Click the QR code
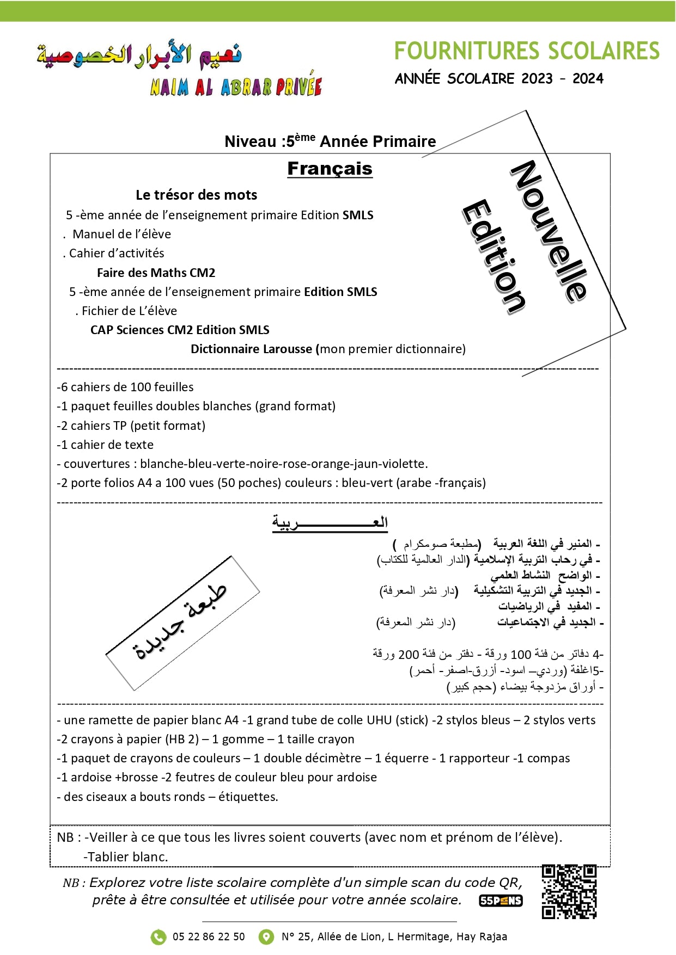(569, 891)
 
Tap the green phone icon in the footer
(158, 936)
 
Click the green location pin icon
(266, 936)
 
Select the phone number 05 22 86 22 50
(209, 936)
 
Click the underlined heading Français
(330, 169)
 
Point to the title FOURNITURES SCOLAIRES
(527, 51)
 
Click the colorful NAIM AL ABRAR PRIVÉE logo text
(236, 87)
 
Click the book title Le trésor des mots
(196, 195)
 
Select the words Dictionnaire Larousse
(251, 349)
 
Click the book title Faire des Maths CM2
(156, 273)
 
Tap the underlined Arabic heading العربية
(330, 523)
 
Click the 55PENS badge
(501, 901)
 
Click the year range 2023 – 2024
(562, 79)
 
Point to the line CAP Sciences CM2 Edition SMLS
(180, 330)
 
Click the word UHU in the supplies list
(379, 720)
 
